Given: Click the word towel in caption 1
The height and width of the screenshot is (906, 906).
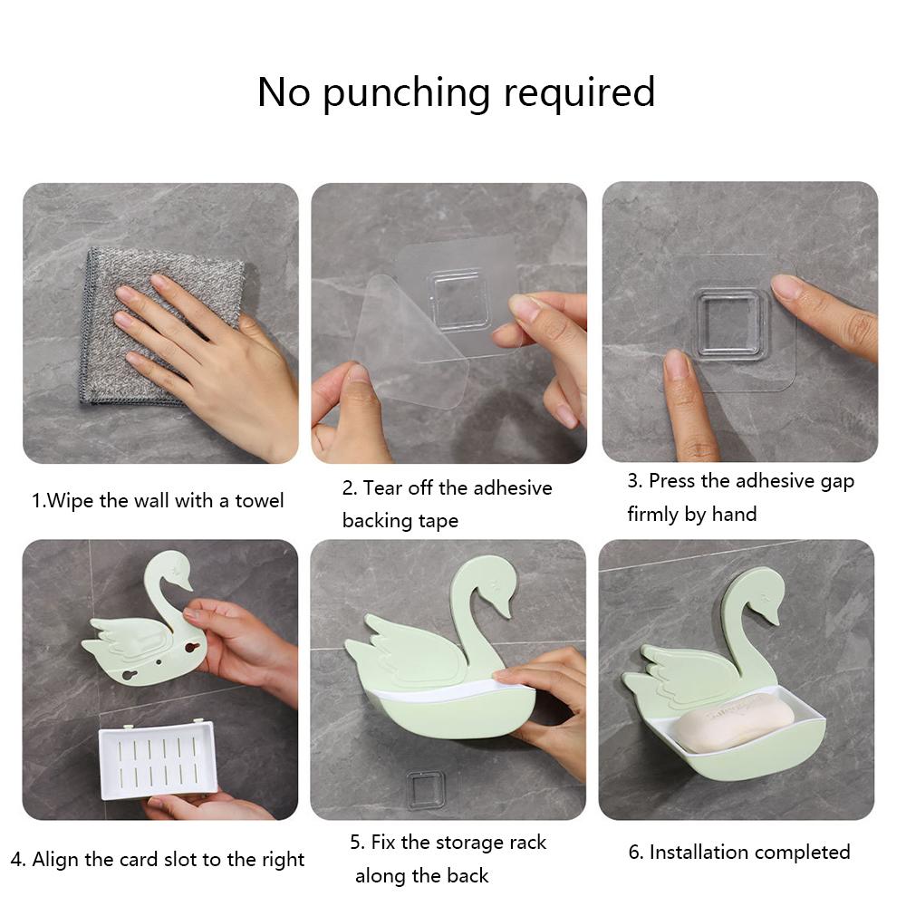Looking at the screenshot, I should (x=259, y=501).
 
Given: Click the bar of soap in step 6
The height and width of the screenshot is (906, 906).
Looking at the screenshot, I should (x=734, y=726).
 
